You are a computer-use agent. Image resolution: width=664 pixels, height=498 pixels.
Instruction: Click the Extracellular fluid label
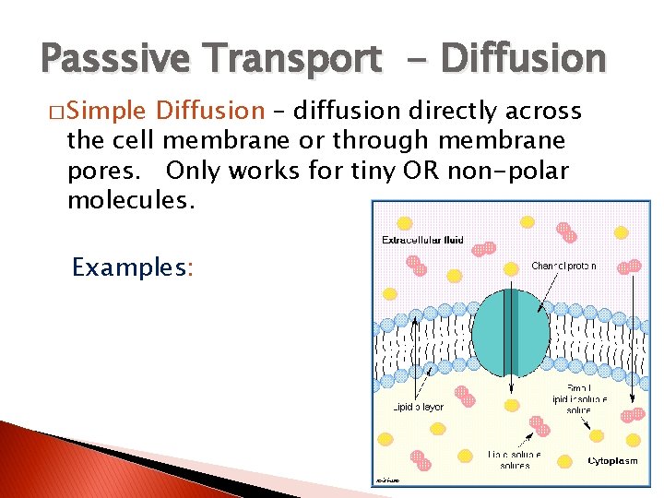click(x=422, y=242)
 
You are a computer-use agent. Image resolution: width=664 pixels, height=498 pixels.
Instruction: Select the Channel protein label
click(x=563, y=266)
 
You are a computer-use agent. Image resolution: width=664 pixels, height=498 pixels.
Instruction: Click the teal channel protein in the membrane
click(x=510, y=332)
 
